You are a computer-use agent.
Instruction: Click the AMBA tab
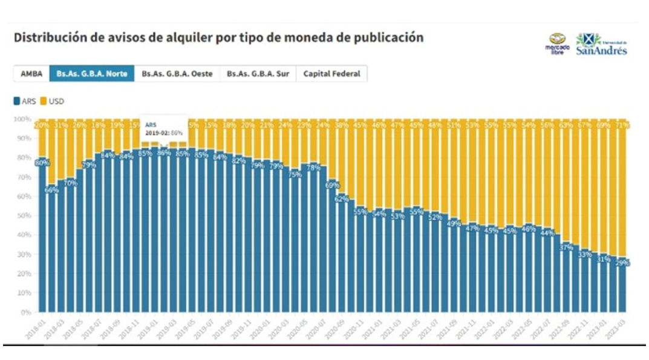click(x=31, y=74)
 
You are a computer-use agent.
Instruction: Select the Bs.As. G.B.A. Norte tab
click(x=92, y=74)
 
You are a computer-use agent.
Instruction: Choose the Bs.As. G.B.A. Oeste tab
click(x=177, y=74)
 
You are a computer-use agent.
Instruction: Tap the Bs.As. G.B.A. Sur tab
click(x=258, y=74)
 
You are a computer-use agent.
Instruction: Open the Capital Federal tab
click(x=331, y=74)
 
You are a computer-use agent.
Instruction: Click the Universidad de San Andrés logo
click(x=601, y=44)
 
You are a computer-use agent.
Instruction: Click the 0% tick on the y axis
click(x=25, y=312)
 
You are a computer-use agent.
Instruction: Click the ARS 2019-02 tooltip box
click(x=164, y=127)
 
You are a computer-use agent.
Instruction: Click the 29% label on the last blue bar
click(x=622, y=263)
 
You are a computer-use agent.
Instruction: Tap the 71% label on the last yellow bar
click(x=622, y=125)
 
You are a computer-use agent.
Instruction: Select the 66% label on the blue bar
click(x=52, y=190)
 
